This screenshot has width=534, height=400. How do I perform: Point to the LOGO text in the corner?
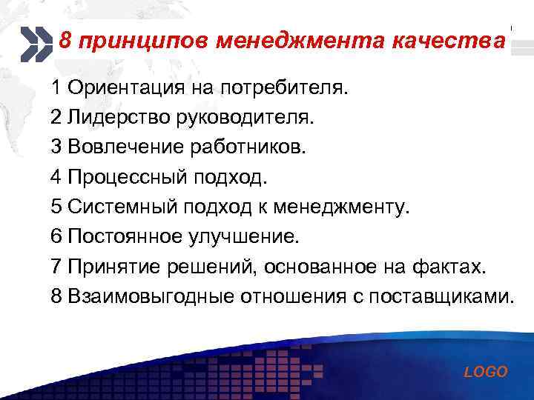pos(486,373)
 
